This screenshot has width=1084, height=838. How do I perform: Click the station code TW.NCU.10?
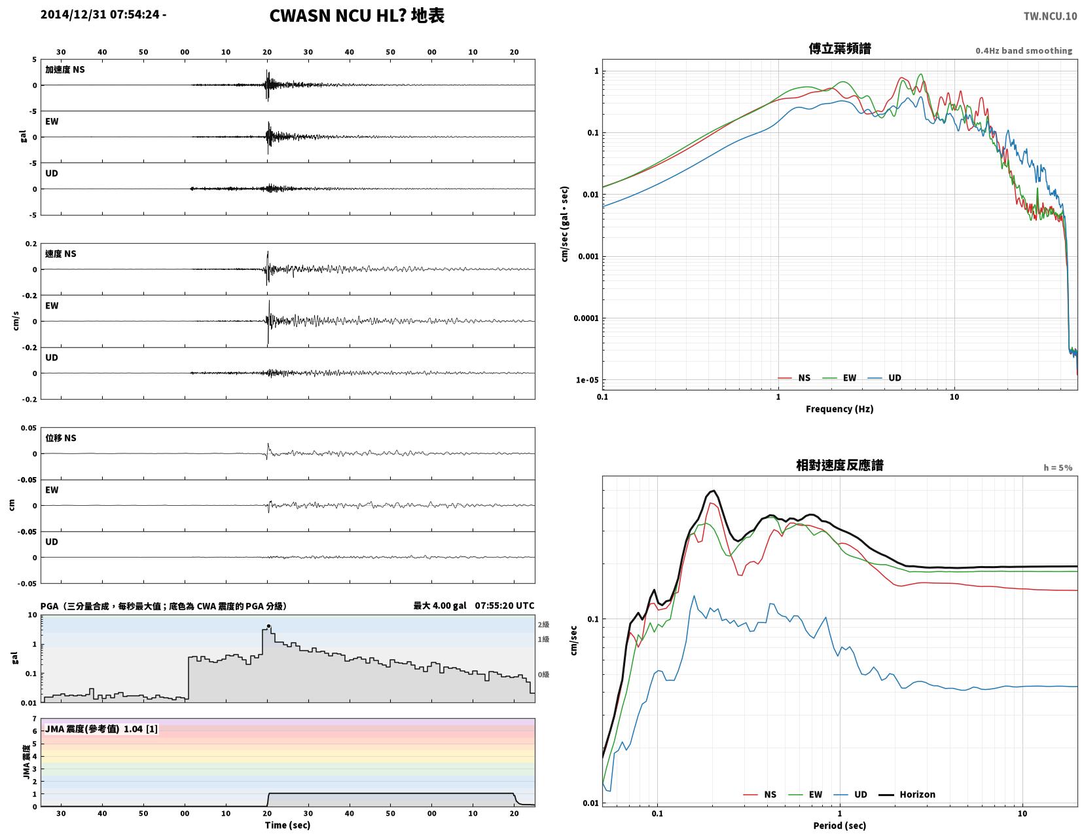(1049, 16)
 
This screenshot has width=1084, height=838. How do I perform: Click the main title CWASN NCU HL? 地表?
(356, 16)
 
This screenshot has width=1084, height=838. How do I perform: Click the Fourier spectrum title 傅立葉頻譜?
(840, 48)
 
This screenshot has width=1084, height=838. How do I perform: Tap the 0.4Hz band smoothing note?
(1024, 50)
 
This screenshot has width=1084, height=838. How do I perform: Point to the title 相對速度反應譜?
(840, 465)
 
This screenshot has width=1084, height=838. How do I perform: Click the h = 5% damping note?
(1058, 468)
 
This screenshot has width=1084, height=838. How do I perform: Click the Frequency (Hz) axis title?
(840, 409)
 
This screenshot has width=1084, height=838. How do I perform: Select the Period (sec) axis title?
(840, 826)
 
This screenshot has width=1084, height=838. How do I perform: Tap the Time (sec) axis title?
(287, 825)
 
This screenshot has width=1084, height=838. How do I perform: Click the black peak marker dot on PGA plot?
(268, 626)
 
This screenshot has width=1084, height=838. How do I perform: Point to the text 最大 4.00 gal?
(439, 605)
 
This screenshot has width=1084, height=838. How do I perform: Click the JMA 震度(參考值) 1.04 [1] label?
(101, 729)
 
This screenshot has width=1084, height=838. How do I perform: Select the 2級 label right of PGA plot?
(543, 624)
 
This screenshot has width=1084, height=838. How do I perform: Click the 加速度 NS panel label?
(65, 69)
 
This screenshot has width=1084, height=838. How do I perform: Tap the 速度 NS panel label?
(60, 254)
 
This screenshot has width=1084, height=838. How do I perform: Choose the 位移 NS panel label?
(60, 438)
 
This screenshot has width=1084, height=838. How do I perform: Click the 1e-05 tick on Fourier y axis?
(587, 380)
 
